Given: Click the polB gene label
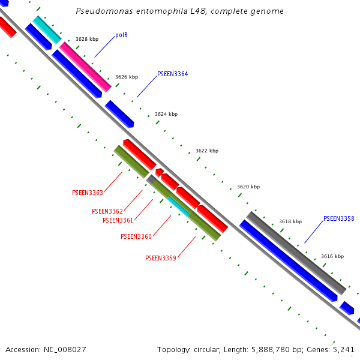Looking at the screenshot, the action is [x=121, y=35].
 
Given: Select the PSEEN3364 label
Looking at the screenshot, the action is [x=172, y=74].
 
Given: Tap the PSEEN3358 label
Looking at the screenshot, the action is [x=338, y=219].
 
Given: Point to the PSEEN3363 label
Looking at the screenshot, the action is [x=88, y=193].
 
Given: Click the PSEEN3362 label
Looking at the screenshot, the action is [x=107, y=212].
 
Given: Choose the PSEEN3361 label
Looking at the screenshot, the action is [x=118, y=221].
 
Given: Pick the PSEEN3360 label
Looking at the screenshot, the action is [x=136, y=237].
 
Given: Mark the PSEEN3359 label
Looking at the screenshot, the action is [x=161, y=259].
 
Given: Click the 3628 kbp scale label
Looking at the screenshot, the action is [x=87, y=40].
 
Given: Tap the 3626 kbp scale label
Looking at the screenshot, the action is [x=127, y=77].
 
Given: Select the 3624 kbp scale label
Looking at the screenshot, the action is [x=166, y=114].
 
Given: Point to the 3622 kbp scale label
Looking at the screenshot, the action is [x=207, y=151].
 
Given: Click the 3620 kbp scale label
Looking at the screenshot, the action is [x=248, y=187].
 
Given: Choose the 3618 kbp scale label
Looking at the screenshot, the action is [x=290, y=222].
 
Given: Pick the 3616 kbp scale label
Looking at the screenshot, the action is [x=332, y=257].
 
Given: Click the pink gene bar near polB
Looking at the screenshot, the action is [x=85, y=67].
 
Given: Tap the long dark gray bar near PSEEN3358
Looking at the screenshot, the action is [x=296, y=253].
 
